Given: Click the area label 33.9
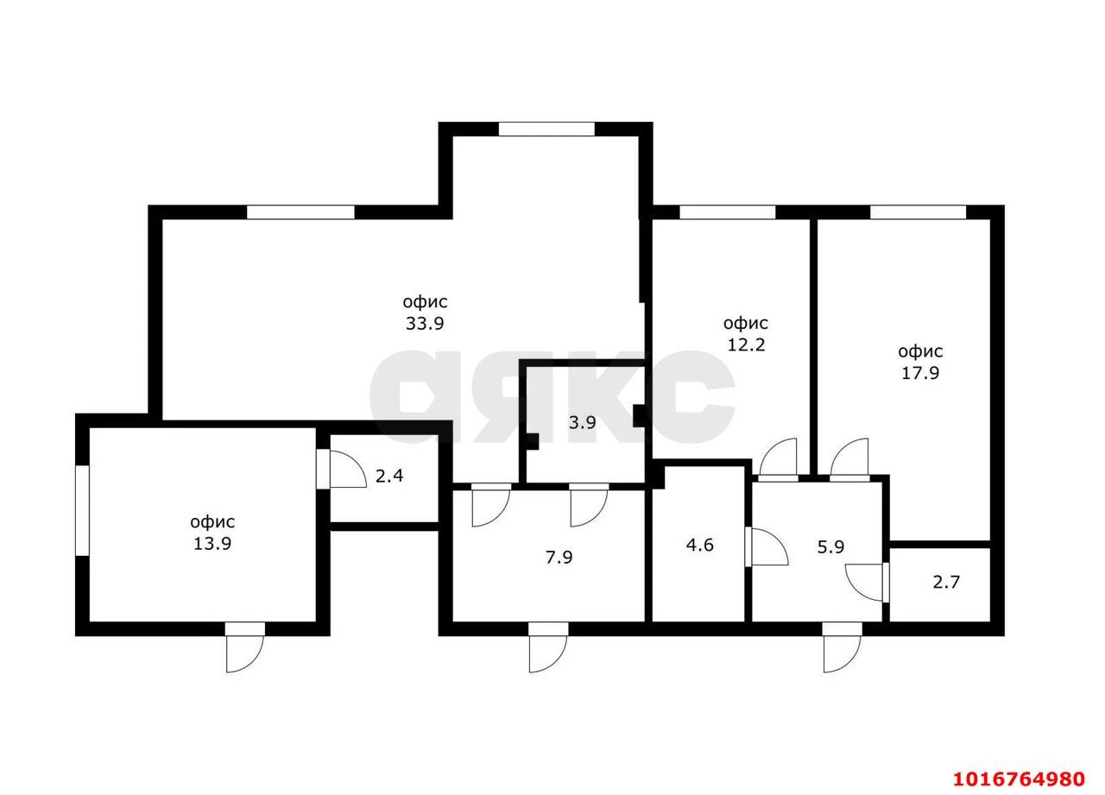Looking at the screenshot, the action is click(425, 324).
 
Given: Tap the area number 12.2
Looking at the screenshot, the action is click(747, 344).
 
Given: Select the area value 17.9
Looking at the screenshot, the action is click(920, 373).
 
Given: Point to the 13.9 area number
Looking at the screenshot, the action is click(212, 544).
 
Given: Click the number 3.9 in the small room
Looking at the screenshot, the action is click(583, 423).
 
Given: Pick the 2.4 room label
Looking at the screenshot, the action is click(389, 476).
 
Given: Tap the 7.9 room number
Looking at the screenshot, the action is click(559, 558).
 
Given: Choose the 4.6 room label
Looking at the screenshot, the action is click(700, 545).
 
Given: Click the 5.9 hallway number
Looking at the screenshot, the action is click(830, 546).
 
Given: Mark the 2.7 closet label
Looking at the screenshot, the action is click(946, 582).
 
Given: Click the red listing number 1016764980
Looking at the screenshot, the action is click(1020, 779).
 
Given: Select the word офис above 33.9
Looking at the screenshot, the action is click(425, 302).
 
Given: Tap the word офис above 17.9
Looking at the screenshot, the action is click(920, 351).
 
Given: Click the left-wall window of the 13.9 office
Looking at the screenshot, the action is click(82, 510).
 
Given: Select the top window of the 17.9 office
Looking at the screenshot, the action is click(918, 212).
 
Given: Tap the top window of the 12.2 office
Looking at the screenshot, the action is click(728, 212).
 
